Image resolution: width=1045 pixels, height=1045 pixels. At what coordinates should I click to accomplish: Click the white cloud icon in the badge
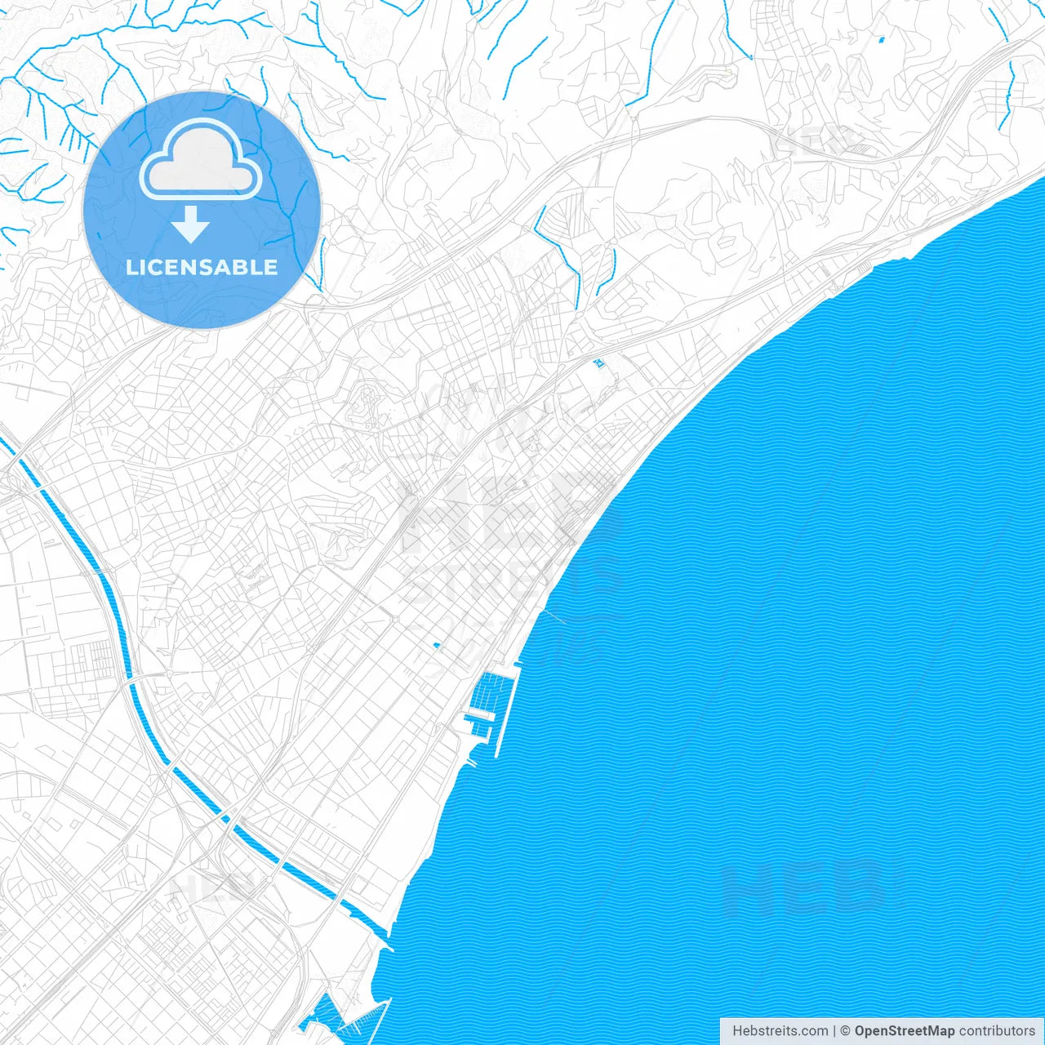tap(201, 161)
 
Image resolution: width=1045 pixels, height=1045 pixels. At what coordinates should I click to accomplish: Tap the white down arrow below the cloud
tap(191, 225)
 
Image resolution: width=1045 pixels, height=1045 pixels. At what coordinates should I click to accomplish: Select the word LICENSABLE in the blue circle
tap(202, 267)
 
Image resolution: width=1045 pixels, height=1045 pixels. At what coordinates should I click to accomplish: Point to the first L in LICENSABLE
tap(131, 267)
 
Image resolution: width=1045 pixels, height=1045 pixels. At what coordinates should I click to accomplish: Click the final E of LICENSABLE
tap(270, 267)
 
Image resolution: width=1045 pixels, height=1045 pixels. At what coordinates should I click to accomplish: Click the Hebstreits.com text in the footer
tap(780, 1031)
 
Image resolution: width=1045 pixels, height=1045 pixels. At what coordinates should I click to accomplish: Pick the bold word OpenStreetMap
tap(904, 1031)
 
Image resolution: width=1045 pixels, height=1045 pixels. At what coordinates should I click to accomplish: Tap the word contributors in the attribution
tap(997, 1031)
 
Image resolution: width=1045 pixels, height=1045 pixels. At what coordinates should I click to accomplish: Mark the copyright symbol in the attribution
tap(845, 1031)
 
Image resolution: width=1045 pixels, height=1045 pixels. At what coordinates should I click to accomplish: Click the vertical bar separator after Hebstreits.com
tap(834, 1031)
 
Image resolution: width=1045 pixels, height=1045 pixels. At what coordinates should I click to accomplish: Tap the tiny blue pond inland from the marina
tap(437, 646)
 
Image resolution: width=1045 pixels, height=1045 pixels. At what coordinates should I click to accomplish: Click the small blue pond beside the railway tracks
tap(600, 363)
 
